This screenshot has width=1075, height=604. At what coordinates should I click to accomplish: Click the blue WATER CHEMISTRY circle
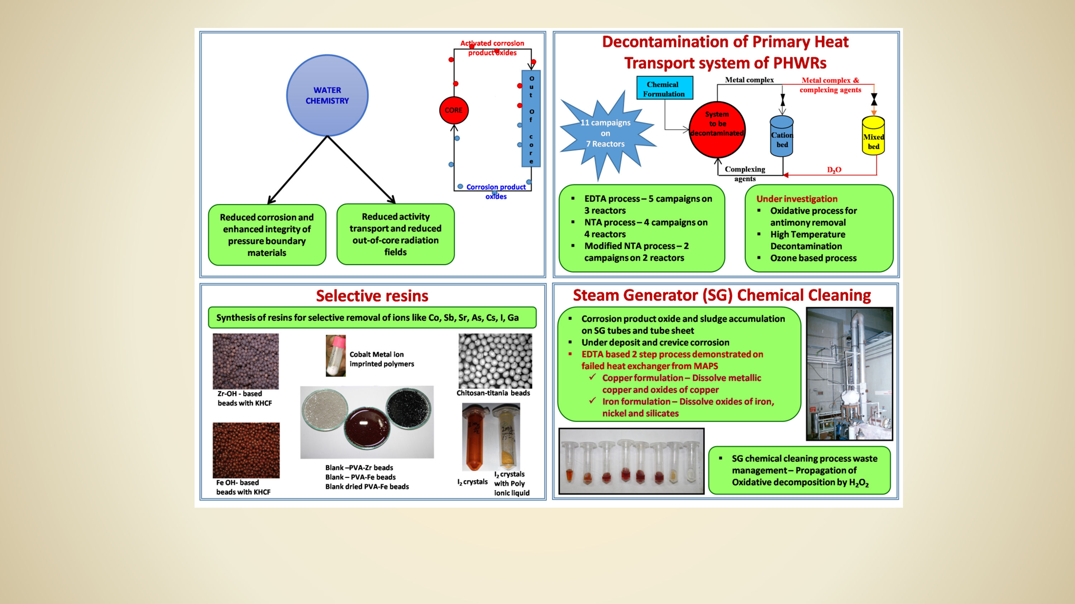tap(327, 96)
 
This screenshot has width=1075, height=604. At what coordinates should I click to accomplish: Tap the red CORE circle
tap(454, 110)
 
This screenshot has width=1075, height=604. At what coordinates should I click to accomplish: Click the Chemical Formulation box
tap(665, 88)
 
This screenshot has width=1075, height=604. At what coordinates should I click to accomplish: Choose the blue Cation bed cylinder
tap(782, 136)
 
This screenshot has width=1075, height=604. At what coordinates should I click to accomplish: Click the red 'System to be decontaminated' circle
tap(717, 130)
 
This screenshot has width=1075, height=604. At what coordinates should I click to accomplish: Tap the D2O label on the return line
tap(834, 170)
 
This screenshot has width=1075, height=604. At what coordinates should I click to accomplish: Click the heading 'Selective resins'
tap(372, 296)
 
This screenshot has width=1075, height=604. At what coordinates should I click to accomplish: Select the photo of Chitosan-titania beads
tap(495, 361)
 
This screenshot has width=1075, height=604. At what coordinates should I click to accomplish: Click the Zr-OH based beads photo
tap(246, 361)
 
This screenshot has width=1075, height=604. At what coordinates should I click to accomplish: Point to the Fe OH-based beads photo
tap(246, 450)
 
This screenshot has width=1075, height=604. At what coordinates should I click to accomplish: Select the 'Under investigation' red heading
tap(797, 199)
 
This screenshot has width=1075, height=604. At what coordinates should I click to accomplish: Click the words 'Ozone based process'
tap(813, 258)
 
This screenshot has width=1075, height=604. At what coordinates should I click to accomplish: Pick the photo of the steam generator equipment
tap(849, 374)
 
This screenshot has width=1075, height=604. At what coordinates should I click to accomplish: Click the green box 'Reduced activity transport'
tap(396, 234)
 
